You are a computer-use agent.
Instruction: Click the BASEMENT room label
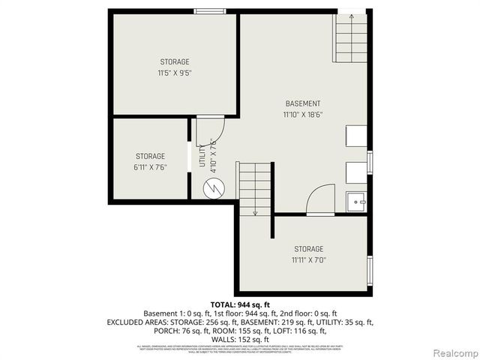pyautogui.click(x=303, y=103)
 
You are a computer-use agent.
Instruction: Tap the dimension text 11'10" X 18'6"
pyautogui.click(x=303, y=115)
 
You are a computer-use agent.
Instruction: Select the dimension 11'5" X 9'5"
pyautogui.click(x=174, y=73)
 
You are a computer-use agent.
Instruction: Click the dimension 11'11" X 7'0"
pyautogui.click(x=308, y=260)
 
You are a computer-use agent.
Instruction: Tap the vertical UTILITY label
pyautogui.click(x=202, y=158)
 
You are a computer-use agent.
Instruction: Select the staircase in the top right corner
pyautogui.click(x=350, y=38)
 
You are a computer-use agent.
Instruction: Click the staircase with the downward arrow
pyautogui.click(x=255, y=188)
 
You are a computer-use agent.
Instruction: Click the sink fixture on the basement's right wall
pyautogui.click(x=355, y=202)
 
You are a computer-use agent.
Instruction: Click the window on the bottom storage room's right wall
pyautogui.click(x=369, y=268)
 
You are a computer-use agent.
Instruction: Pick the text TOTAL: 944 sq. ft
pyautogui.click(x=240, y=304)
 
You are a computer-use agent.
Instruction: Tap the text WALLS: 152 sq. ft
pyautogui.click(x=240, y=339)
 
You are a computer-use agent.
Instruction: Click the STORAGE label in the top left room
pyautogui.click(x=174, y=61)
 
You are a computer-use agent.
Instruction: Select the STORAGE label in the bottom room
pyautogui.click(x=308, y=249)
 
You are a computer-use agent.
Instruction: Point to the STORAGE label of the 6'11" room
pyautogui.click(x=150, y=155)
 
